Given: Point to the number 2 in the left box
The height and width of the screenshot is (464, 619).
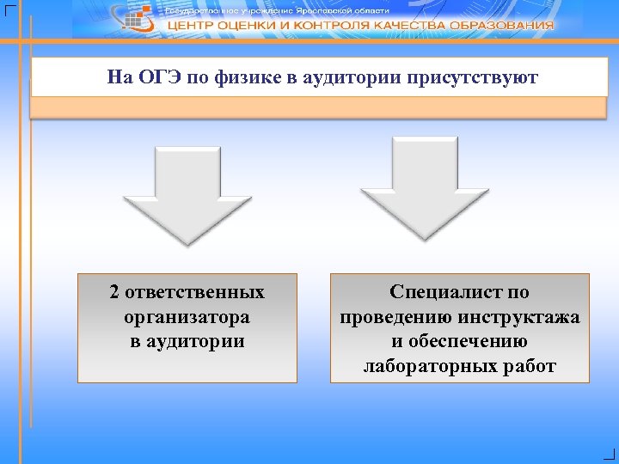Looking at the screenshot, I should tap(114, 292).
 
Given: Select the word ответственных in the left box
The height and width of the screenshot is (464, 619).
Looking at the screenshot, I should tap(194, 292).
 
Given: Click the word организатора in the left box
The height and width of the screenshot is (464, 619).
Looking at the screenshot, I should tap(187, 317).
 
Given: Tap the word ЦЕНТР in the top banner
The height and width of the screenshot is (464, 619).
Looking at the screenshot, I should tap(192, 26).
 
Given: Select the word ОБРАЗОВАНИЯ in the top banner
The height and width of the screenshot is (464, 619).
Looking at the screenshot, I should tap(506, 26).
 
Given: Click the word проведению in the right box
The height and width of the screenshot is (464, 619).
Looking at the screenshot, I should tap(398, 317).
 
